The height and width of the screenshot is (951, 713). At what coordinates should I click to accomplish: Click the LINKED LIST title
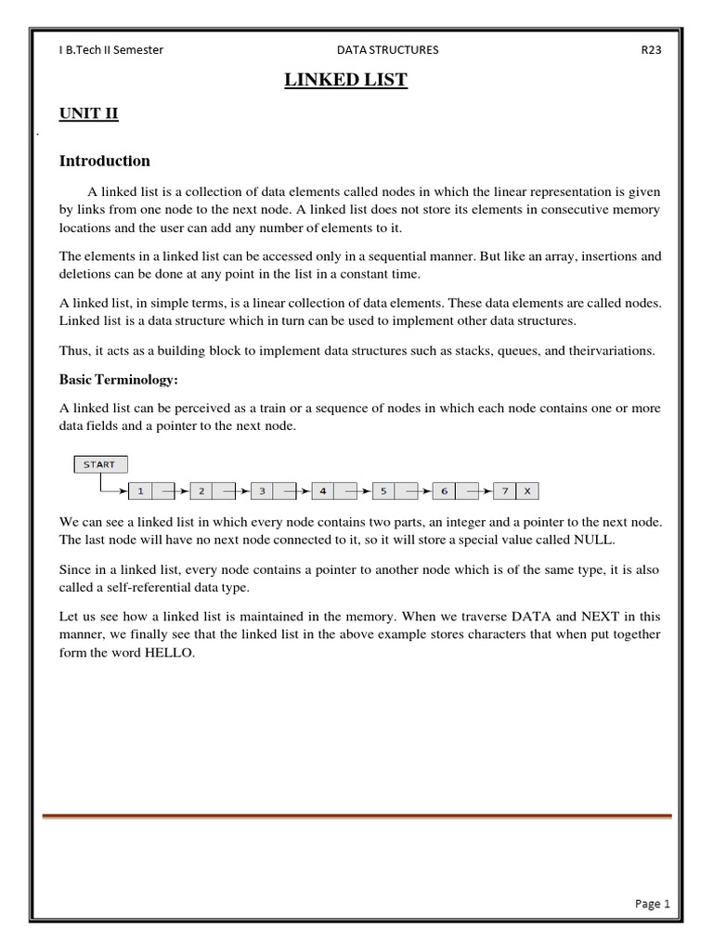click(x=345, y=80)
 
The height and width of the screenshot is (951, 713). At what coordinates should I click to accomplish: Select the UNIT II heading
click(x=89, y=114)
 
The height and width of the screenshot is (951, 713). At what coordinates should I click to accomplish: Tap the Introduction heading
click(x=104, y=161)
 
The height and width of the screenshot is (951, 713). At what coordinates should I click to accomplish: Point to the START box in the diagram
click(x=99, y=464)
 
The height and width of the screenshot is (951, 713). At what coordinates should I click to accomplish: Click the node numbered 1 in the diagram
click(x=140, y=490)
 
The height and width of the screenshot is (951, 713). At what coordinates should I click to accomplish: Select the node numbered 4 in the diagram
click(x=322, y=490)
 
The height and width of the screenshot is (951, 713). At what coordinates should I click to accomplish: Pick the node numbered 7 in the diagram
click(x=504, y=490)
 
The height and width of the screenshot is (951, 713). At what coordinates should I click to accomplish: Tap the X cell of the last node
click(x=527, y=490)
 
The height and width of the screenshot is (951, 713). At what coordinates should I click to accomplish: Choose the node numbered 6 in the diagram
click(x=444, y=490)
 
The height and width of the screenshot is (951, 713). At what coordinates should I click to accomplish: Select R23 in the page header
click(x=651, y=50)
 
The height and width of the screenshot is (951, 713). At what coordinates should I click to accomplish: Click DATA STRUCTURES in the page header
click(x=388, y=50)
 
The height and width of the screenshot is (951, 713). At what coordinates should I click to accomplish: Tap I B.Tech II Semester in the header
click(x=111, y=50)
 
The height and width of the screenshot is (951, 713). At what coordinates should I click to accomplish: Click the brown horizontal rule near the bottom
click(x=356, y=816)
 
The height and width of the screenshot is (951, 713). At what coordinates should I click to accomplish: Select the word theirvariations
click(x=611, y=351)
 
